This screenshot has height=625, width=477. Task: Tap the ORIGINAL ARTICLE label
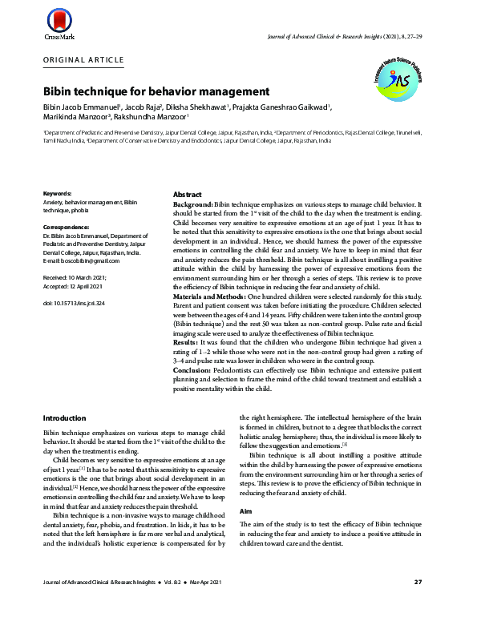(x=84, y=60)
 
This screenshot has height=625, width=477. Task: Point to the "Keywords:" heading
(x=58, y=194)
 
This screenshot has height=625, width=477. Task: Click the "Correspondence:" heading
(x=66, y=227)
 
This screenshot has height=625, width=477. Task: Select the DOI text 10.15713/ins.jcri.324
(x=75, y=302)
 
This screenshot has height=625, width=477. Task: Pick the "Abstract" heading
(x=188, y=195)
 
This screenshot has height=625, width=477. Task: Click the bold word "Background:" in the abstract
(x=193, y=205)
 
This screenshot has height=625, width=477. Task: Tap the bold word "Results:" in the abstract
(x=188, y=342)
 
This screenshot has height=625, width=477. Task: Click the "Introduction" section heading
(x=64, y=418)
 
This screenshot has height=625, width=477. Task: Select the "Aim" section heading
(x=247, y=510)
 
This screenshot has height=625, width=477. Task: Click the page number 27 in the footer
(x=418, y=603)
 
